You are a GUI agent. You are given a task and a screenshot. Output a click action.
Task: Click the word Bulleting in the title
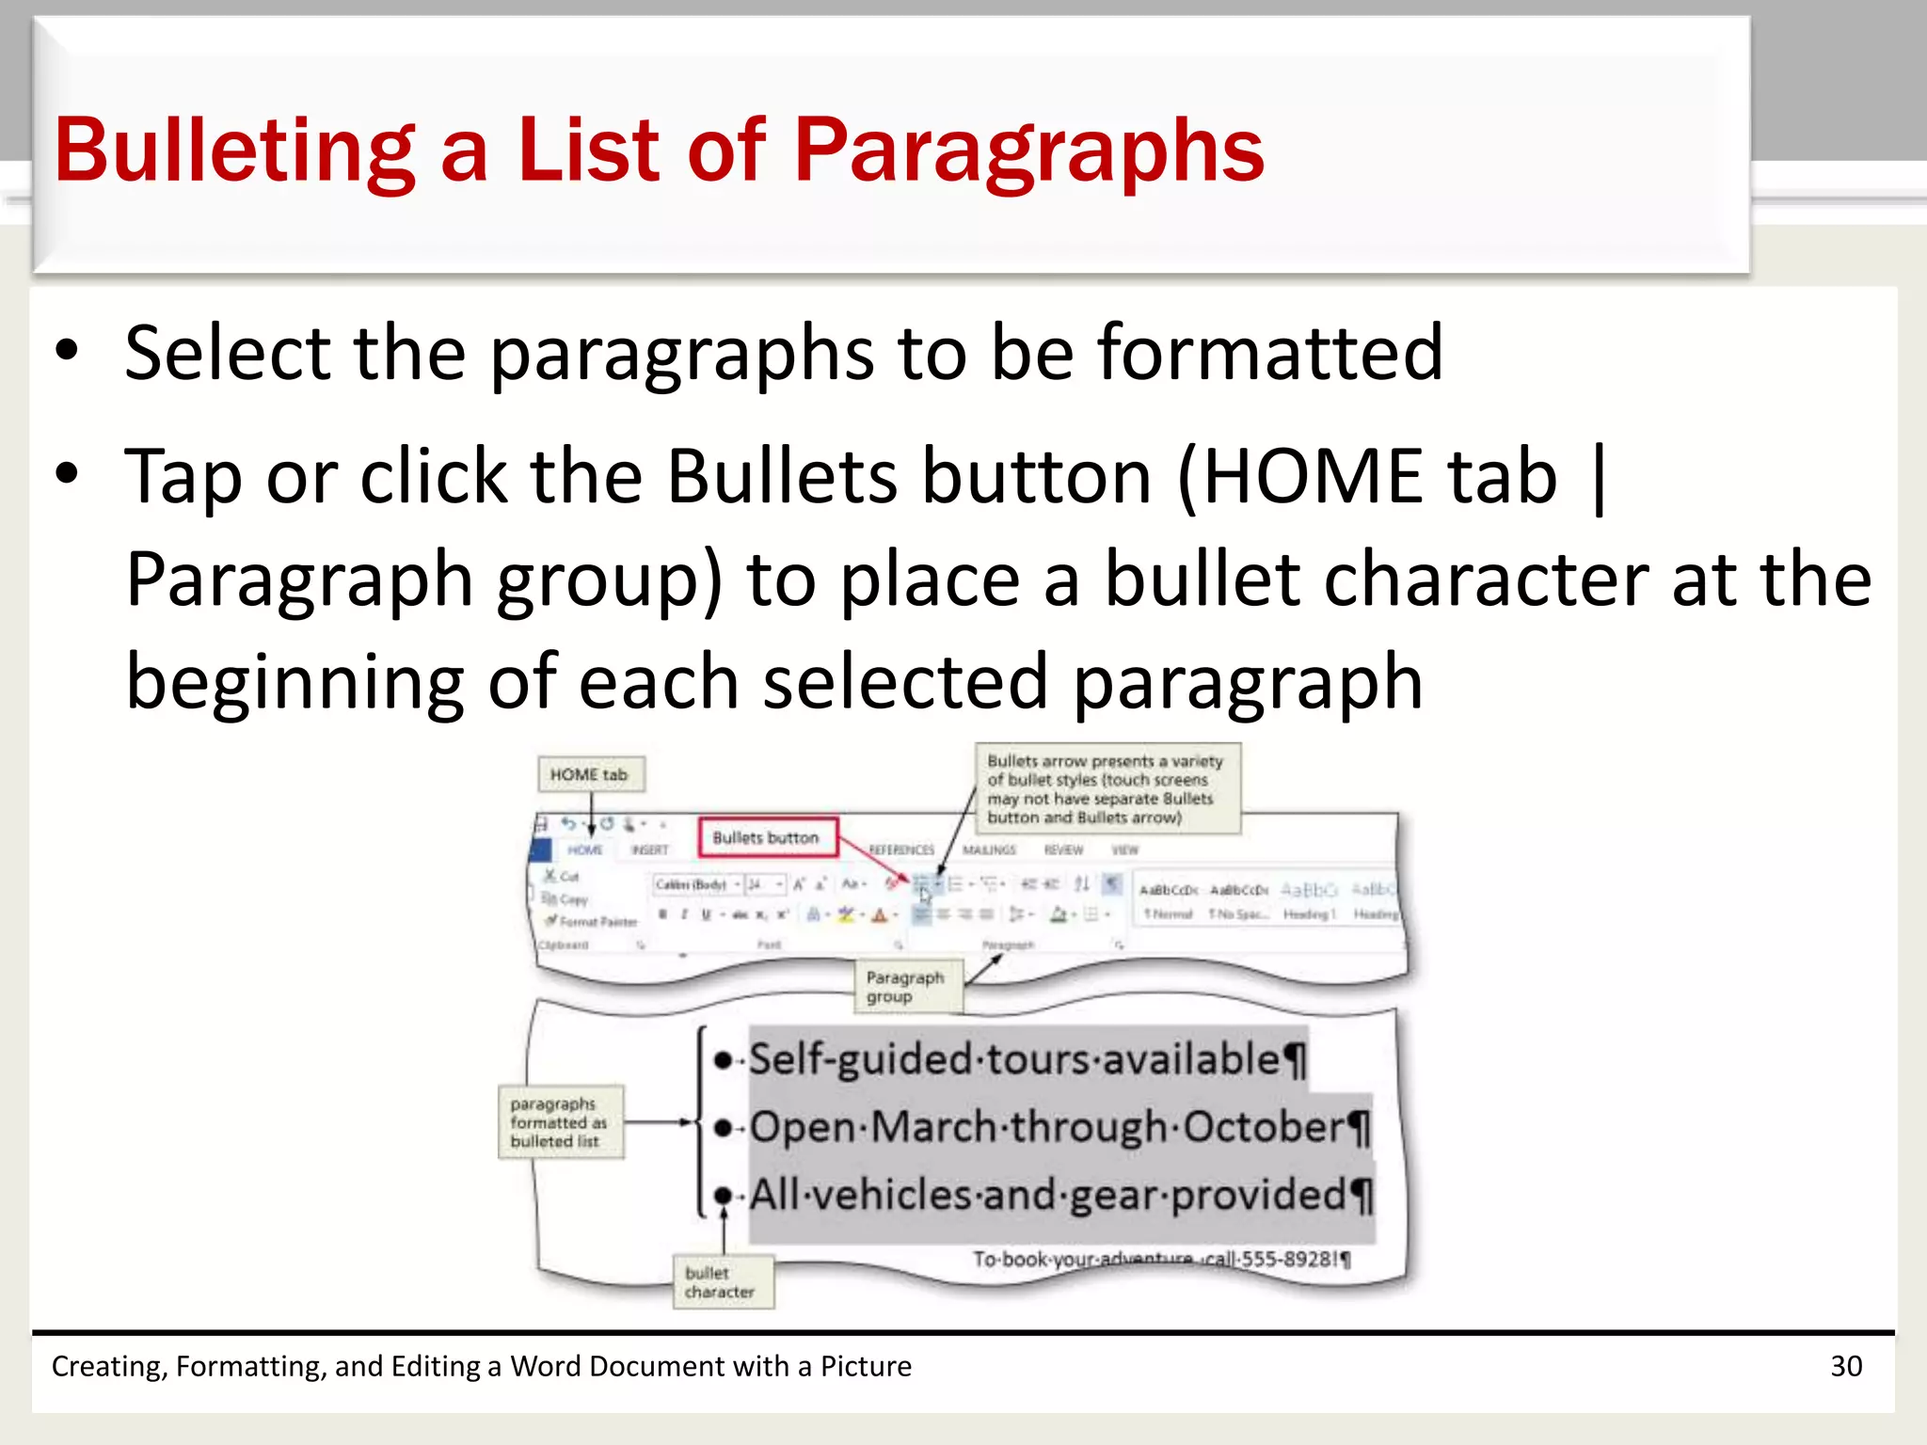click(x=234, y=151)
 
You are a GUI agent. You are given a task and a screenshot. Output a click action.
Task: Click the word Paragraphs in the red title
click(x=1028, y=151)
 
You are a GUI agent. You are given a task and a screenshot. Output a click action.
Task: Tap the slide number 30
click(x=1845, y=1366)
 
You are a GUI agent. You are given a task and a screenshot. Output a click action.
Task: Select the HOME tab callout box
click(x=590, y=774)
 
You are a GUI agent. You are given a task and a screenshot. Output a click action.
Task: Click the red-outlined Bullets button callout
click(x=766, y=837)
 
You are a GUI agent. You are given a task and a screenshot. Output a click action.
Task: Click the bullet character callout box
click(x=722, y=1282)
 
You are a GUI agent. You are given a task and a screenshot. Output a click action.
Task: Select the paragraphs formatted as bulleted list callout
click(x=559, y=1122)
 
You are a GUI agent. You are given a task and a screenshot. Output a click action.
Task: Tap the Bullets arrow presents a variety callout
click(x=1107, y=788)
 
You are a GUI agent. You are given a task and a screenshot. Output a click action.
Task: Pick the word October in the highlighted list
click(x=1264, y=1127)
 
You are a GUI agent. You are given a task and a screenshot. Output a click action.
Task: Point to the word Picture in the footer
click(x=866, y=1366)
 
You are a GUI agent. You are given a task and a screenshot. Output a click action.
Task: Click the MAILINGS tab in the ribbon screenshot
click(x=989, y=850)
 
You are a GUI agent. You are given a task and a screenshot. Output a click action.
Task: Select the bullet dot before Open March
click(x=723, y=1128)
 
